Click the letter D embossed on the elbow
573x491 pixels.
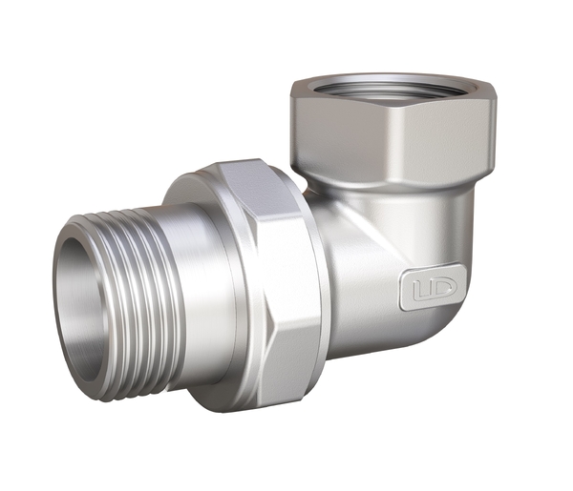(438, 289)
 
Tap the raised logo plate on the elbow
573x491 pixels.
(429, 289)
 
